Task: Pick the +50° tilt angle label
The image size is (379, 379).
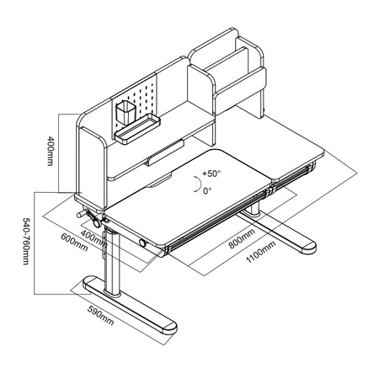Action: pos(210,175)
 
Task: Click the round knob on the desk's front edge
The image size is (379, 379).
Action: pos(144,244)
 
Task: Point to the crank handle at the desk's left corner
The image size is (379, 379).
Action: pos(86,217)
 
